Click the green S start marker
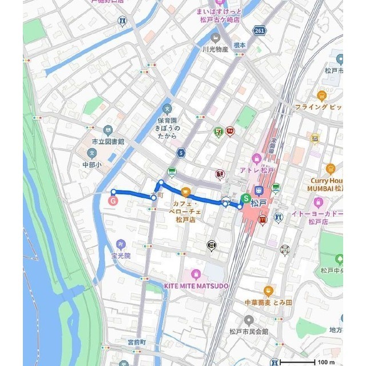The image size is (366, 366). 246,198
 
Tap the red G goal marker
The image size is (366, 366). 113,201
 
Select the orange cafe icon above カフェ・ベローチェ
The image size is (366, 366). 185,193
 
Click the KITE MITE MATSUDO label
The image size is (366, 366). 195,285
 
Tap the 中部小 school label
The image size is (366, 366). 91,164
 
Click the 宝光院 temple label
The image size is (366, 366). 121,256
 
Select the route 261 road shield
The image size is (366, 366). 260,31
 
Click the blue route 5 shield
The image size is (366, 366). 181,153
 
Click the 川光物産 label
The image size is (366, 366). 215,49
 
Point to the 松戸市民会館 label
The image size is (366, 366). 249,331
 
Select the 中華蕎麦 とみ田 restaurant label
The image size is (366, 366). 268,302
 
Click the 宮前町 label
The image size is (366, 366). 137,342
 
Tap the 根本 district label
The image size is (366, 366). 239,45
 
